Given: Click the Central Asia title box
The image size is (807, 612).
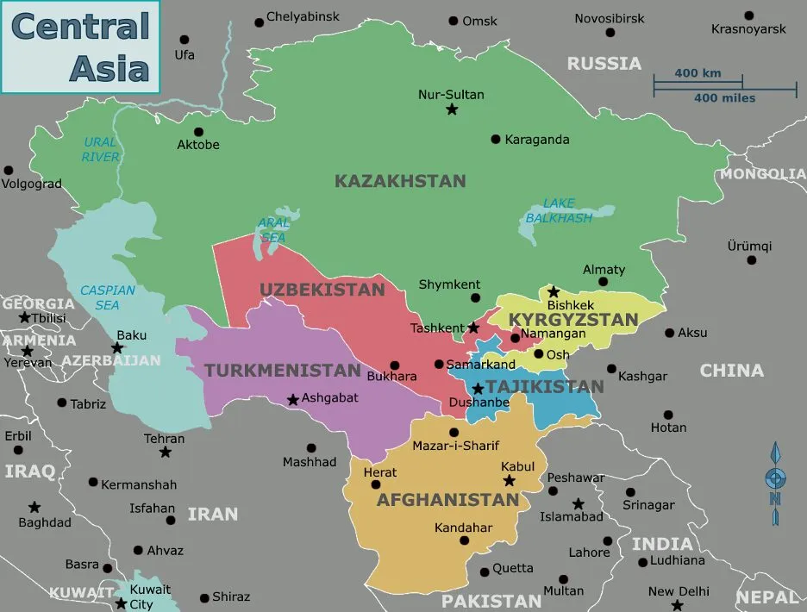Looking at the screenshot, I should coord(80,47).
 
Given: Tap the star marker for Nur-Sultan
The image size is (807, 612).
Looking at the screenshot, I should coord(452,109).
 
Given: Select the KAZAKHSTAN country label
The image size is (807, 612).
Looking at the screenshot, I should coord(400,182).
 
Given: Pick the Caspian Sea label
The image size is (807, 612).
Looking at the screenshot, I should coord(108,297).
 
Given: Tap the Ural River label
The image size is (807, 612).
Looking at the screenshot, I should coord(101,149).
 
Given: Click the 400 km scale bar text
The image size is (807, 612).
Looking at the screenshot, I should coord(698,73).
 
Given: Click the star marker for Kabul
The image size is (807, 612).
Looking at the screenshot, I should coord(509,481).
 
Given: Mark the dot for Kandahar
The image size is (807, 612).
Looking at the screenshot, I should coord(465,541).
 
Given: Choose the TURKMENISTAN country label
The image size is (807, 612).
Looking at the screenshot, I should coord(282,371).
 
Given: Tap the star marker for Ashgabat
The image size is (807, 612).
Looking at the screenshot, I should coord(293,399).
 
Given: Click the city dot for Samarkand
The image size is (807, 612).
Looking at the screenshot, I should coord(439,365).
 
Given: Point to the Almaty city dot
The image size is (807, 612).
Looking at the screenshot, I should coord(603,282).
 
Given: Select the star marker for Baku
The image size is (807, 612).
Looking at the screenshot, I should coord(117,347).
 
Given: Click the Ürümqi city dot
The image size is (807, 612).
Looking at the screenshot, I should coord(751,259).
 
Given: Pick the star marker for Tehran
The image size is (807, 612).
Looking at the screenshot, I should coord(165,452).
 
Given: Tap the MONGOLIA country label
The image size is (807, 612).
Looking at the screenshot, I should coord(762,174).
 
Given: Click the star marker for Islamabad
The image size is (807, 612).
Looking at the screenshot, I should coord(578,503).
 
